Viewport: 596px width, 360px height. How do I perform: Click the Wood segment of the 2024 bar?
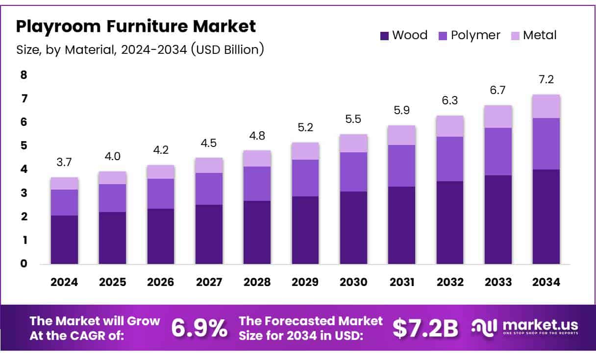click(x=64, y=240)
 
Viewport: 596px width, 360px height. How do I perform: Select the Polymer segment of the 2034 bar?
click(x=546, y=144)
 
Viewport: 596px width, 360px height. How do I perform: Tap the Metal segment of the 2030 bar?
click(x=353, y=143)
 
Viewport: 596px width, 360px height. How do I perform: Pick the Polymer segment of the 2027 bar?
click(x=209, y=189)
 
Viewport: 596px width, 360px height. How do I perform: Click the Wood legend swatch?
click(x=384, y=36)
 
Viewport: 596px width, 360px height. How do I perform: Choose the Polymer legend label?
click(x=475, y=35)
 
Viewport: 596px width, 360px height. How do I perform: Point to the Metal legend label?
click(x=540, y=35)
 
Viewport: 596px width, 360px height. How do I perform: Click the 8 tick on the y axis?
click(x=24, y=75)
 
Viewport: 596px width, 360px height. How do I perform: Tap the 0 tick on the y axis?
click(x=24, y=264)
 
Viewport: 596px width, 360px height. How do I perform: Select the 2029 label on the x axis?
click(x=305, y=283)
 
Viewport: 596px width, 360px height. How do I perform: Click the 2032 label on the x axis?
click(x=449, y=283)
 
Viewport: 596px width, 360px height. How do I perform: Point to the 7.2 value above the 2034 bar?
click(x=546, y=80)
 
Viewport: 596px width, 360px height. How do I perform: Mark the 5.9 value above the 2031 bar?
click(x=401, y=111)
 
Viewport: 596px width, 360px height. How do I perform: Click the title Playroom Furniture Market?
click(x=136, y=26)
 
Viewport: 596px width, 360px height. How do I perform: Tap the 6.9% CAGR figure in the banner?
click(x=199, y=328)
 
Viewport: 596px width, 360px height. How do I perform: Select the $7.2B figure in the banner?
click(x=425, y=328)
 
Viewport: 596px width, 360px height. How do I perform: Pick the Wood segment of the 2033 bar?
click(x=498, y=219)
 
